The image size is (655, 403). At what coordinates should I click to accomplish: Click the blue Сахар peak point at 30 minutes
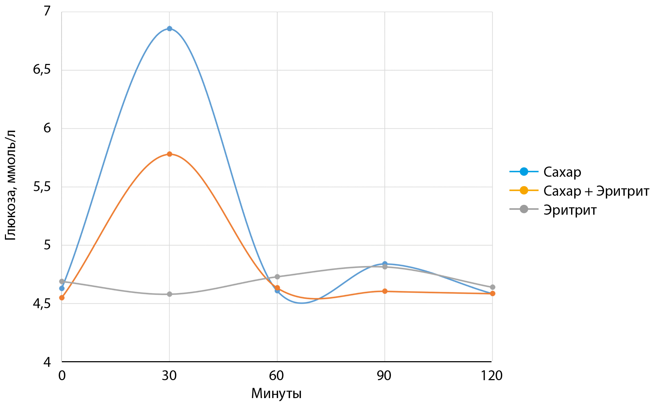(x=169, y=28)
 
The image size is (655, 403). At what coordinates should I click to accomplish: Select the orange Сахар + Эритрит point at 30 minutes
(x=169, y=154)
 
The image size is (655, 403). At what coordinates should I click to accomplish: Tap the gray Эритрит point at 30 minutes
(x=169, y=294)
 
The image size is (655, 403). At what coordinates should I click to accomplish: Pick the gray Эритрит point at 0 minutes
(x=62, y=281)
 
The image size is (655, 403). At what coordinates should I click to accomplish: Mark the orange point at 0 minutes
(x=62, y=298)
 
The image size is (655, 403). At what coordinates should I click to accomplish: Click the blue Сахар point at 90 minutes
(x=385, y=264)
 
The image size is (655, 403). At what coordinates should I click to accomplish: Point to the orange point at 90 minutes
(x=385, y=291)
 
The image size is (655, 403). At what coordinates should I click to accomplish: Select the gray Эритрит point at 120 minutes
(x=492, y=287)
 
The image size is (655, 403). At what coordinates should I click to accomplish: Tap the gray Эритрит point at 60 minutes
(x=277, y=277)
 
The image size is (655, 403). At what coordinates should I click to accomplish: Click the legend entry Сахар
(x=562, y=172)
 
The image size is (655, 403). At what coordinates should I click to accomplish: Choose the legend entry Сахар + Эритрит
(x=596, y=191)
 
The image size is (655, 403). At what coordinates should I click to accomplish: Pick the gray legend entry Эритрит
(x=570, y=210)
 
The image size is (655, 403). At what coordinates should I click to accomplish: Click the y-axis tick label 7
(x=47, y=11)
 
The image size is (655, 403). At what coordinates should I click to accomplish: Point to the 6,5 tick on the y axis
(x=42, y=70)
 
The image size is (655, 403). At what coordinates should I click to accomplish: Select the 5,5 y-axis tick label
(x=42, y=187)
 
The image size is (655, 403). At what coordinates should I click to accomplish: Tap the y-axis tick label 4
(x=47, y=362)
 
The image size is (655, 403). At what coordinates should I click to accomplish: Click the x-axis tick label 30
(x=169, y=376)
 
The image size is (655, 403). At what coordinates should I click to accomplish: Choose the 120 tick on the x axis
(x=491, y=376)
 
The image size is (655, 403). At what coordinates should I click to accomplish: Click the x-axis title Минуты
(x=276, y=394)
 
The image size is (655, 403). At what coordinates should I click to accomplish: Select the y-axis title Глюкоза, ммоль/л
(x=11, y=185)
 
